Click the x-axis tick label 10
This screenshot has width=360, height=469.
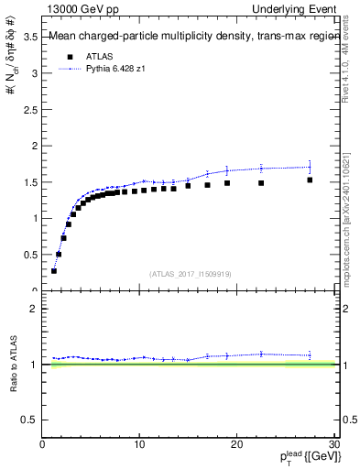coord(139,445)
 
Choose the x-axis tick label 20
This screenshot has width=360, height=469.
coord(236,445)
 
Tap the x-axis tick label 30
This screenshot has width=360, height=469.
coord(333,445)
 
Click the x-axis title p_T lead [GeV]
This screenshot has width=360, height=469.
coord(302,459)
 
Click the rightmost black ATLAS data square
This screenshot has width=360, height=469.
coord(310,180)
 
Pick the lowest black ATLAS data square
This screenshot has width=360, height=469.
coord(54,271)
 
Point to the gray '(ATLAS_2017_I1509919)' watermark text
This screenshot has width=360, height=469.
coord(190,272)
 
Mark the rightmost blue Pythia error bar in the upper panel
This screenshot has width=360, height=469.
coord(310,167)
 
